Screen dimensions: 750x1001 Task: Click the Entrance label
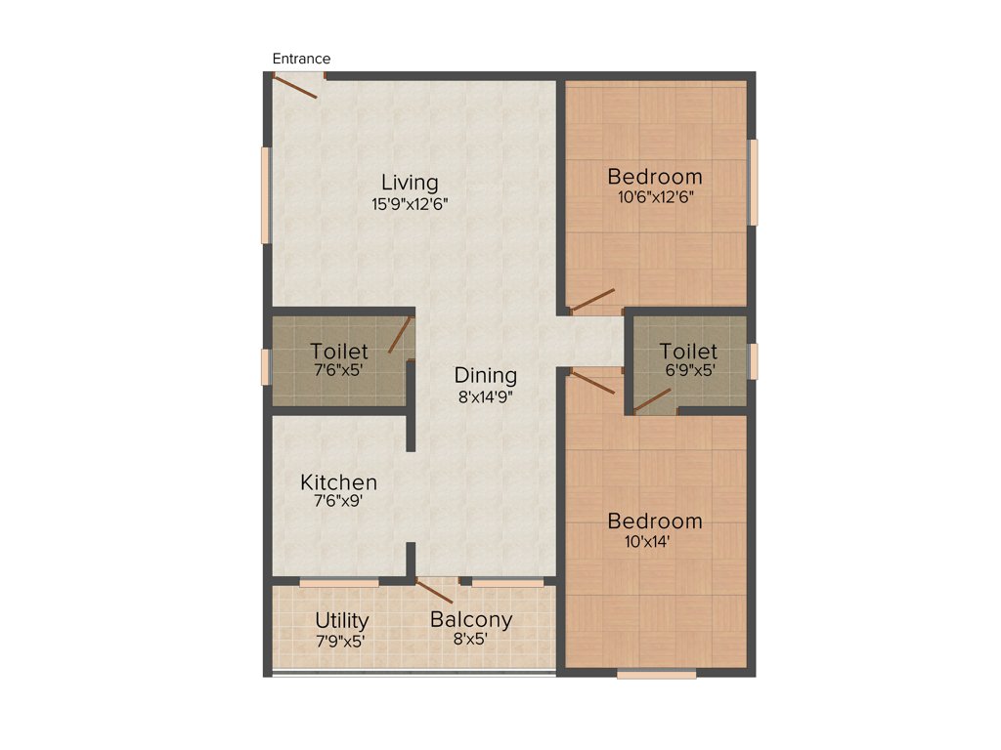pos(301,59)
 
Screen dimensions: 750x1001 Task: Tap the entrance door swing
pos(295,87)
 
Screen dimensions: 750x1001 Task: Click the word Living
pos(410,183)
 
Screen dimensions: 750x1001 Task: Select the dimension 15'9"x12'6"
pos(410,204)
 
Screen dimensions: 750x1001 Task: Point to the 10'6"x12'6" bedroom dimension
pos(654,195)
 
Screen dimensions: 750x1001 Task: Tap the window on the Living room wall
pos(265,194)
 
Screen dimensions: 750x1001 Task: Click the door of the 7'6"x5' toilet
pos(399,335)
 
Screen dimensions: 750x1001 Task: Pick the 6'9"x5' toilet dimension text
pos(687,370)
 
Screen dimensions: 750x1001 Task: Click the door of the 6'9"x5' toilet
pos(652,400)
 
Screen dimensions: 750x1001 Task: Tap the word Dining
pos(486,376)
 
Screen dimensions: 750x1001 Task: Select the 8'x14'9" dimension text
pos(486,396)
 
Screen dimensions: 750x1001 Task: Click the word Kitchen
pos(338,482)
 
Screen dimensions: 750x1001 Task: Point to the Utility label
pos(342,621)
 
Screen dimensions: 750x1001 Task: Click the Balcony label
pos(471,620)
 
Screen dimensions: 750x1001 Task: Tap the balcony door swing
pos(434,590)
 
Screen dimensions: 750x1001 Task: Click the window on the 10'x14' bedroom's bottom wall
pos(656,673)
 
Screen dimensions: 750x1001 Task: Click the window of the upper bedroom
pos(753,183)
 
